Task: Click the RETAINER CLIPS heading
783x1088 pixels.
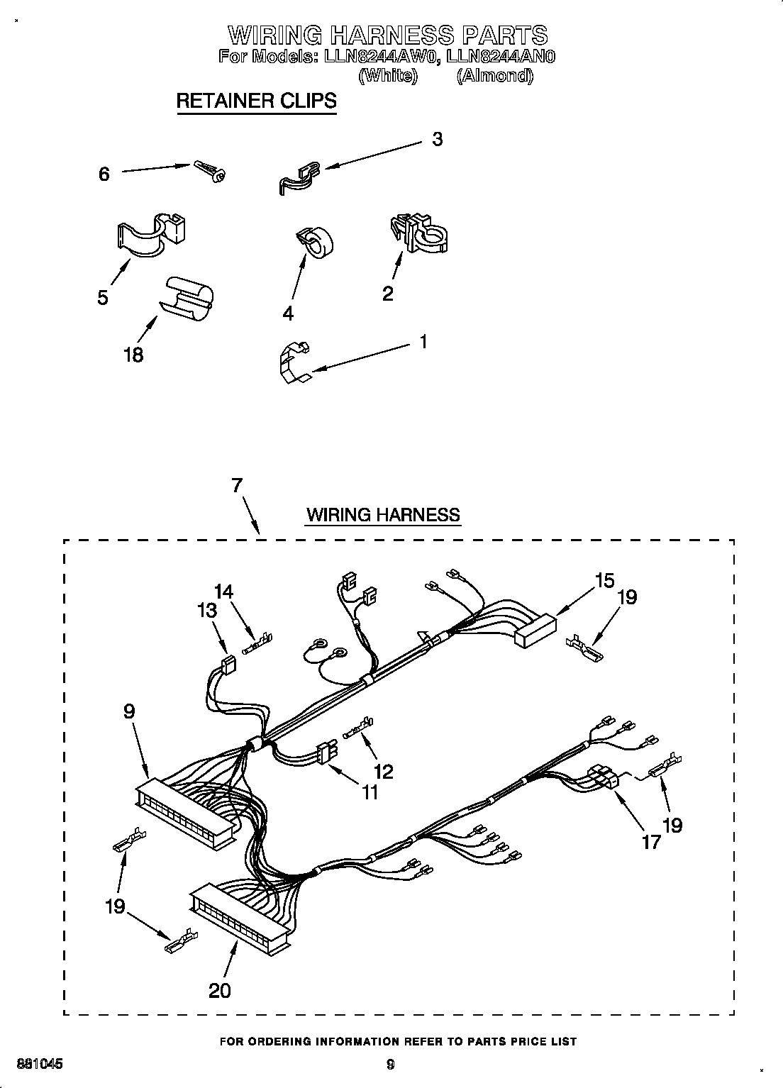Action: (256, 101)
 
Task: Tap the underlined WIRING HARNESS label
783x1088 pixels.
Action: (383, 514)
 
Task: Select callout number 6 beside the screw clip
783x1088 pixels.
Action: (104, 174)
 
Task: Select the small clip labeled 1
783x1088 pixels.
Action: (292, 362)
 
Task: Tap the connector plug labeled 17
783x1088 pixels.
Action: (601, 777)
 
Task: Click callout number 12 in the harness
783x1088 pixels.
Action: (383, 771)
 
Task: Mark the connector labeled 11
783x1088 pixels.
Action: (326, 753)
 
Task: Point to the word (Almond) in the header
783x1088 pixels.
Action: (494, 76)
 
